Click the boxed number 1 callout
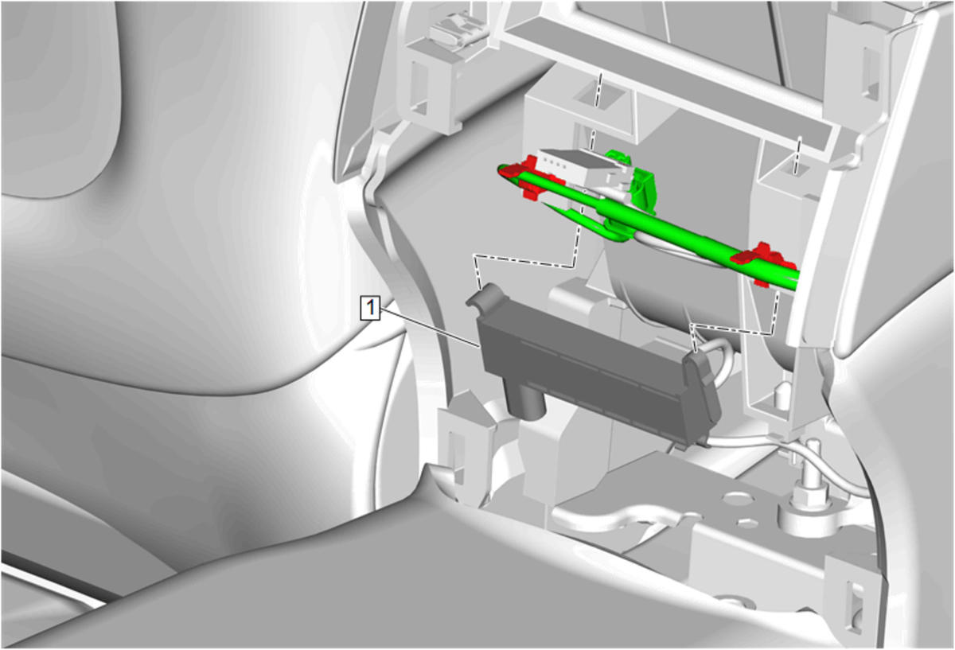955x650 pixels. [370, 308]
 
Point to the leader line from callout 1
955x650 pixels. [431, 327]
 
